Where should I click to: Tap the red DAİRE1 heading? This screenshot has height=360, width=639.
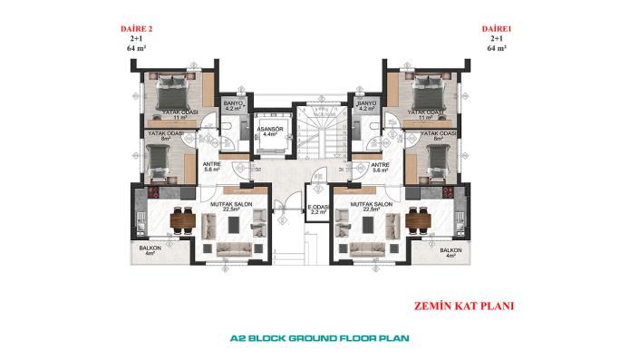pyautogui.click(x=496, y=29)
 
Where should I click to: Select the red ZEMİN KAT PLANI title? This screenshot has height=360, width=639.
pyautogui.click(x=462, y=306)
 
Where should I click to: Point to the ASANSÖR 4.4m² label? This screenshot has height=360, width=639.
pyautogui.click(x=269, y=131)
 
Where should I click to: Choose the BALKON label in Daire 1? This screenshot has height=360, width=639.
pyautogui.click(x=450, y=251)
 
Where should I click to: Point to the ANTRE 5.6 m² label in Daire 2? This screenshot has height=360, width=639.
pyautogui.click(x=213, y=167)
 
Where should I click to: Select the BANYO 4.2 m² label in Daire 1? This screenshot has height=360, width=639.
pyautogui.click(x=366, y=106)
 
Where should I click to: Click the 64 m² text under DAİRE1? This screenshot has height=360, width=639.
pyautogui.click(x=497, y=49)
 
